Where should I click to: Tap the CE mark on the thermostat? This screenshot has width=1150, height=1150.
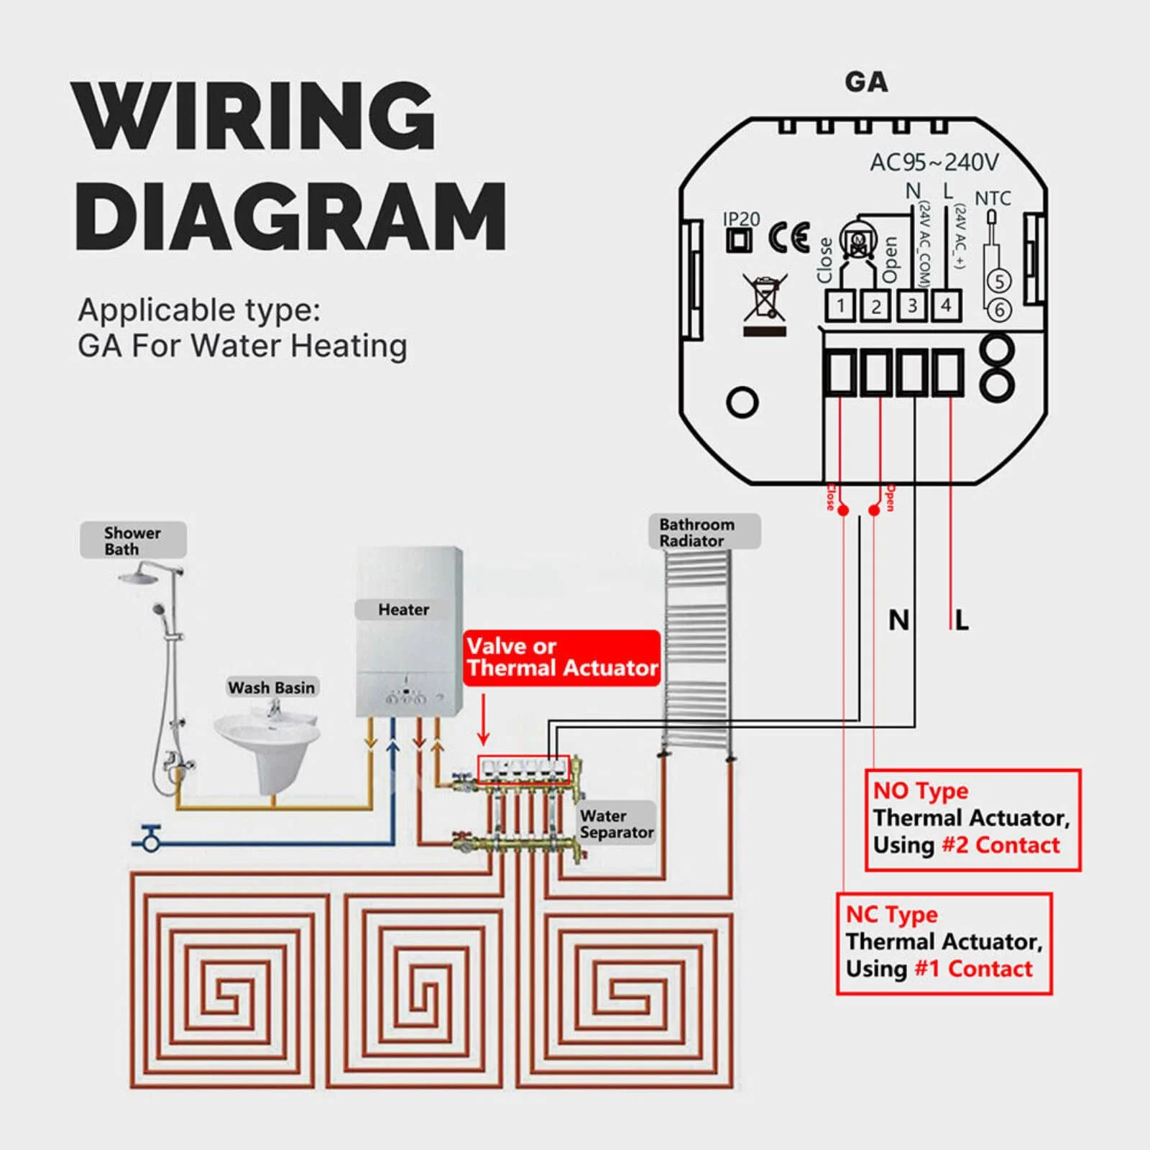click(788, 238)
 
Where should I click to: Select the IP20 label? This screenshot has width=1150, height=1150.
click(740, 218)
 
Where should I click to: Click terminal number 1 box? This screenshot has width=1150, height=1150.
click(839, 306)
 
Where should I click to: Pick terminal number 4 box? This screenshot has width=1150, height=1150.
click(946, 305)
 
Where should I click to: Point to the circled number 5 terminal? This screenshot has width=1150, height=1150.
click(999, 281)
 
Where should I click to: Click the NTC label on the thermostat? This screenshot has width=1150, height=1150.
click(993, 198)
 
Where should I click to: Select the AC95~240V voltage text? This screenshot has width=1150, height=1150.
click(934, 162)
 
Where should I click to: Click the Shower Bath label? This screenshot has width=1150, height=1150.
click(133, 540)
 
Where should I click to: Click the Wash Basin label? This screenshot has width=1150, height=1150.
click(272, 688)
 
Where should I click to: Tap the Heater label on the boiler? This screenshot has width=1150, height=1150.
click(403, 609)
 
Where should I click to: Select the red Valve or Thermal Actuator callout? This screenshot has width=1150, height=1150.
click(562, 657)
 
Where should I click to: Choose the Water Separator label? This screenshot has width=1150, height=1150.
click(617, 824)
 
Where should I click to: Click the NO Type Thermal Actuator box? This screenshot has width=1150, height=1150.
click(972, 819)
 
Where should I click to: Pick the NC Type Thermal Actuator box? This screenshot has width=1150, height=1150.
click(944, 943)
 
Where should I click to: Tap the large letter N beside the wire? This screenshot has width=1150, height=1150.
click(898, 620)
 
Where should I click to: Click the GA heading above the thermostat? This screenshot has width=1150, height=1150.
click(866, 82)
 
